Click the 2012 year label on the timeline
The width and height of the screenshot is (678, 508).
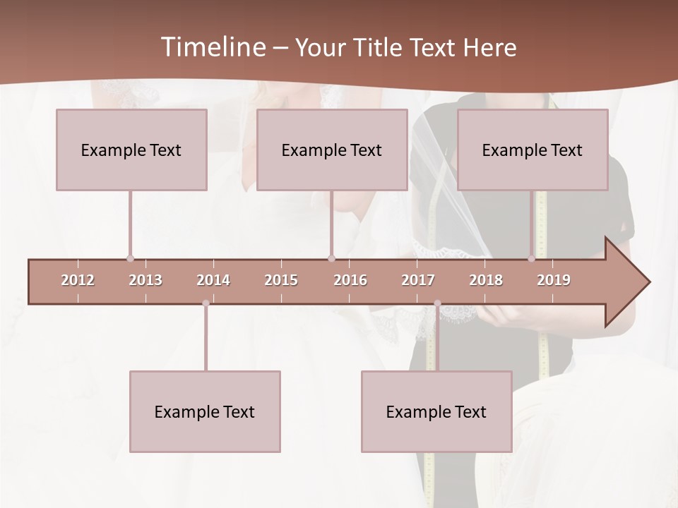click(78, 280)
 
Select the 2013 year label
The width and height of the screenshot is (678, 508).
click(145, 280)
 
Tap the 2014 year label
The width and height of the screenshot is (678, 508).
click(213, 280)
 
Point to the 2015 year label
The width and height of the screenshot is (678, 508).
click(281, 280)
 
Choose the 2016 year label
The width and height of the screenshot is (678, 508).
click(350, 280)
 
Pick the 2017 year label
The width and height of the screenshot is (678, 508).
click(418, 280)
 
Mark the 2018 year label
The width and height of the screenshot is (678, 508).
click(486, 280)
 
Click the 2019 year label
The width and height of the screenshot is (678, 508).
click(554, 280)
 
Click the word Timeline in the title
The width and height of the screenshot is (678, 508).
click(212, 47)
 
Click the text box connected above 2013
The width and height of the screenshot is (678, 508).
click(131, 150)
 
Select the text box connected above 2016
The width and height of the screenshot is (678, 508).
click(332, 150)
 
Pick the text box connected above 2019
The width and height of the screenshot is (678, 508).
click(533, 150)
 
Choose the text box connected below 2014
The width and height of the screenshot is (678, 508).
click(205, 411)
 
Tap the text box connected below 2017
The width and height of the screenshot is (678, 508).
click(436, 411)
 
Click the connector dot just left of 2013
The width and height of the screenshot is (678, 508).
click(130, 259)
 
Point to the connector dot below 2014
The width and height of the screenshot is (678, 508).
click(206, 303)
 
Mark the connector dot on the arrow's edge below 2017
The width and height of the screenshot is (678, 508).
click(437, 303)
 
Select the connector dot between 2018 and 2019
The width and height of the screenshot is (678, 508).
click(532, 259)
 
